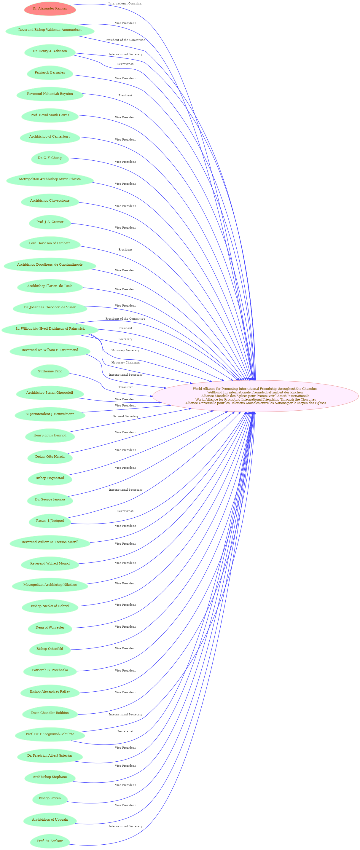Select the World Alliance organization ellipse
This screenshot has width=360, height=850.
pos(255,396)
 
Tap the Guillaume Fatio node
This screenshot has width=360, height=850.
pos(50,371)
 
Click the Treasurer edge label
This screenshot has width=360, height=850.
pos(125,387)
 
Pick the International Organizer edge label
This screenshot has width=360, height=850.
pos(125,4)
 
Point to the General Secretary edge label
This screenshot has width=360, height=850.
pos(125,416)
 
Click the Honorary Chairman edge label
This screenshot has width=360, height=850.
pos(125,362)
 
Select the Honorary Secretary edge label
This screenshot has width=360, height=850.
pos(125,350)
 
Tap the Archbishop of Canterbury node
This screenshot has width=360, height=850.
pos(50,137)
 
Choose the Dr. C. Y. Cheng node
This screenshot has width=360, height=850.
pos(50,158)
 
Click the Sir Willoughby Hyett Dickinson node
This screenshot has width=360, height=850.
pos(50,329)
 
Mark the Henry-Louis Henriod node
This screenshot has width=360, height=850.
pos(50,436)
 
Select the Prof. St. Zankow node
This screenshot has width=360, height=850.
pos(50,841)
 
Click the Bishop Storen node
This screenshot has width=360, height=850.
pos(50,798)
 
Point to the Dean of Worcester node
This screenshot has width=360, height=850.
pos(50,628)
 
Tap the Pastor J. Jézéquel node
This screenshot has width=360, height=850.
pos(50,521)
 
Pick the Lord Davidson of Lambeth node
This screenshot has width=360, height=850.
pos(50,243)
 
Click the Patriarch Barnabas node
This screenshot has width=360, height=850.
pos(50,73)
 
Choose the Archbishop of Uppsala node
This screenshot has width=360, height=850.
pos(50,820)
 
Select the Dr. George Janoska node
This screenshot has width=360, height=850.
pos(50,500)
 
